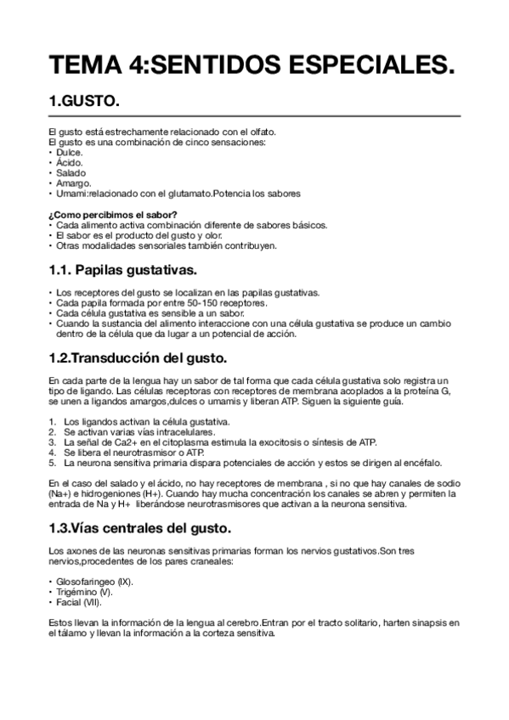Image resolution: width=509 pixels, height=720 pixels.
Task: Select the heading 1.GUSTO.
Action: coord(83,101)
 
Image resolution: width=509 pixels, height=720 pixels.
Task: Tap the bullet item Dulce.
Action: coord(69,152)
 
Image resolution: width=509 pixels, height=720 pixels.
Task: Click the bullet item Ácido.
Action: coord(69,162)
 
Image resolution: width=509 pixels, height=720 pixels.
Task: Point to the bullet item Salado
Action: coord(71,172)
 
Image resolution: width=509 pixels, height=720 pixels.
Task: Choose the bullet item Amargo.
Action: coord(72,183)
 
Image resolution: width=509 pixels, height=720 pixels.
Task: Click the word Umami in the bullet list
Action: coord(71,193)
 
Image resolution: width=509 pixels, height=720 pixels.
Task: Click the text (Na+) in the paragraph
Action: coord(60,493)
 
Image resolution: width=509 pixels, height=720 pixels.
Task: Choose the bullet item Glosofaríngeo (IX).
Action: coord(96,582)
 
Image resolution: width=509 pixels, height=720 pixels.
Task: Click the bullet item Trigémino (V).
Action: coord(84,592)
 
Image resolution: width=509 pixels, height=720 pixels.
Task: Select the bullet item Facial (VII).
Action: coord(79,602)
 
